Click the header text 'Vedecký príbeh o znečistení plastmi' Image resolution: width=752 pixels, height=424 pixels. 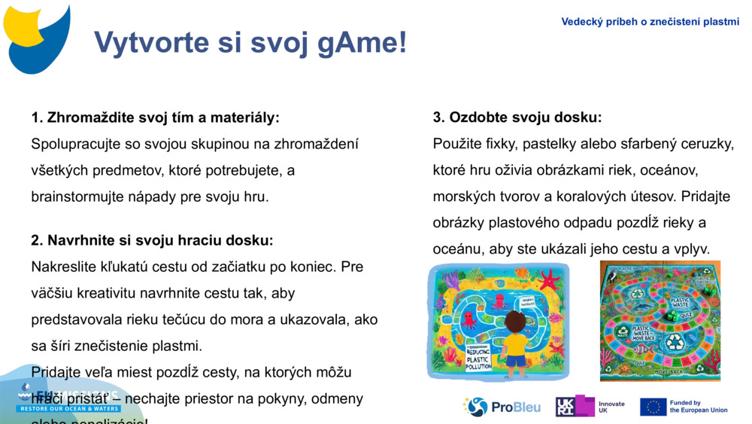pos(650,22)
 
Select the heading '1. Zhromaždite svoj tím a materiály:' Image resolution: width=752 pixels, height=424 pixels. pos(155,117)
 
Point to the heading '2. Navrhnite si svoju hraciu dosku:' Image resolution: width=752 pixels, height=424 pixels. pos(152,240)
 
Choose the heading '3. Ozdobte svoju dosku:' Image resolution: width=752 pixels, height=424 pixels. pos(517,117)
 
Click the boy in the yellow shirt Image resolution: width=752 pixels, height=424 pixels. pos(515,343)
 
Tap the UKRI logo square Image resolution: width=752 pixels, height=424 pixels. pos(566,407)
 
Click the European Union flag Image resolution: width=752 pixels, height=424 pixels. pos(653,407)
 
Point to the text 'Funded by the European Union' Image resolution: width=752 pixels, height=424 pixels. pos(698,407)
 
